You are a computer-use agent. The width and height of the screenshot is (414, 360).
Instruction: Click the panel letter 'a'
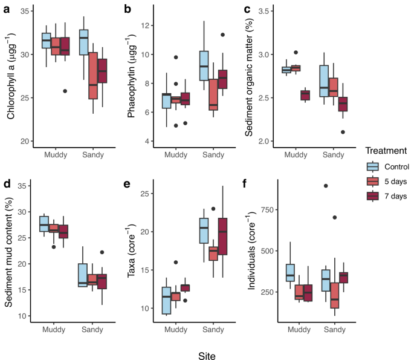(x=5, y=9)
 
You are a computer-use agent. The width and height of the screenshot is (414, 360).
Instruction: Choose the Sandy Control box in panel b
(x=204, y=66)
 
